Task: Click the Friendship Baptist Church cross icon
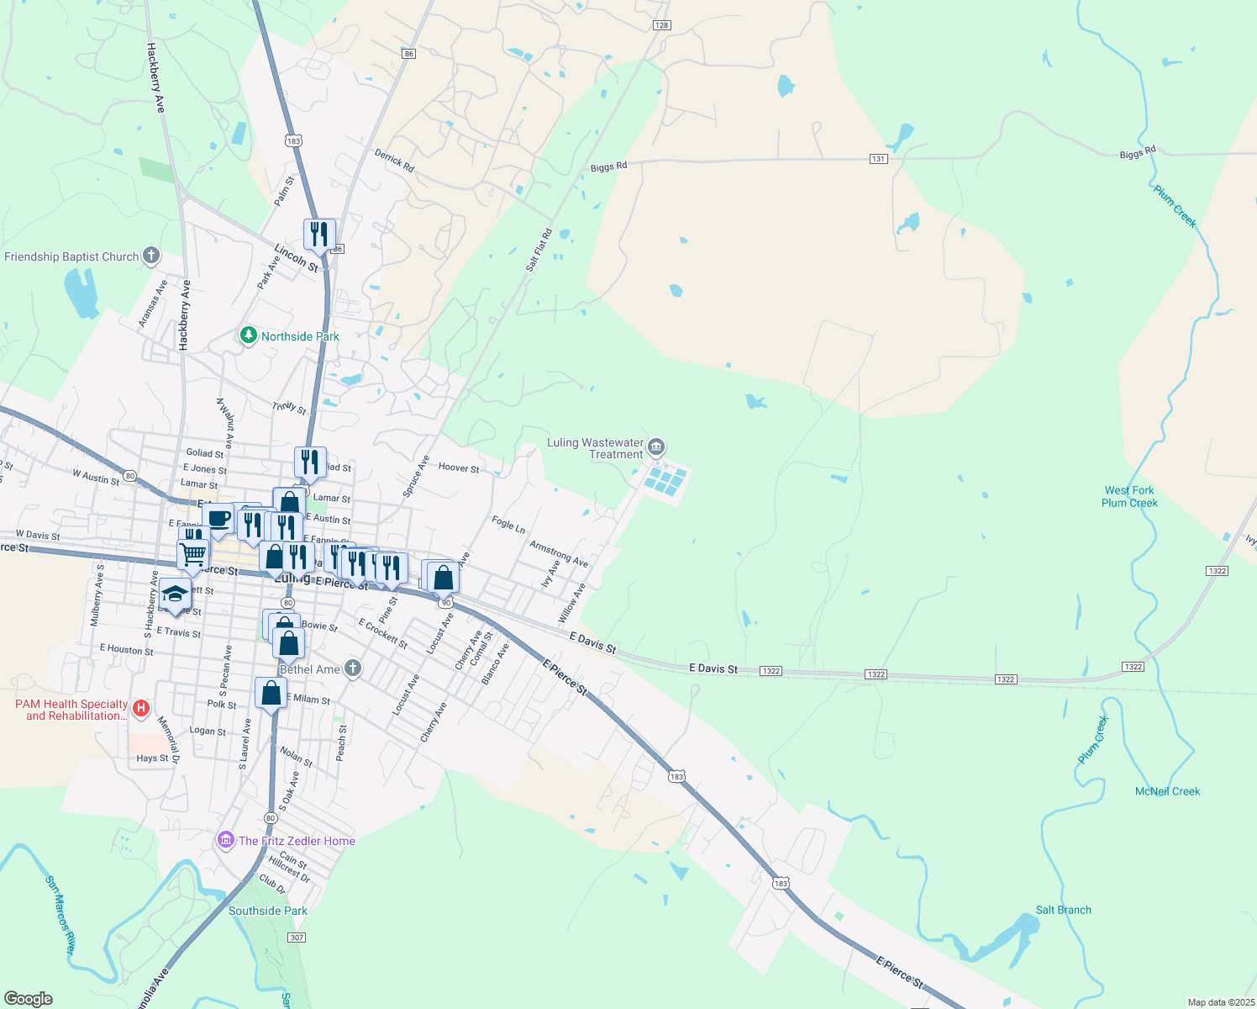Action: coord(151,256)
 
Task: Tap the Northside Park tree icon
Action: coord(248,336)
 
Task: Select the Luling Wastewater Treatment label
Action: coord(595,448)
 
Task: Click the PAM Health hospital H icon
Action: coord(141,709)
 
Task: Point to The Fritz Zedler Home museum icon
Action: coord(225,840)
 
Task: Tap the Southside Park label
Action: coord(268,911)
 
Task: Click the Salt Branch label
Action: coord(1063,910)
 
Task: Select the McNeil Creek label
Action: coord(1167,791)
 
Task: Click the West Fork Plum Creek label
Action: coord(1129,497)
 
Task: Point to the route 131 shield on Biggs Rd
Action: coord(878,159)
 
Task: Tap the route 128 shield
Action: coord(661,25)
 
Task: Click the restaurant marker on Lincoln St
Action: coord(319,234)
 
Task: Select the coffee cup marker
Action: coord(218,518)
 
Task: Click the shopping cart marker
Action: coord(193,555)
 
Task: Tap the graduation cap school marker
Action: coord(176,594)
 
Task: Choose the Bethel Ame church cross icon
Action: coord(353,668)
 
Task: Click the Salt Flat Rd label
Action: coord(539,250)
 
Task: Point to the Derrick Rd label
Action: coord(394,161)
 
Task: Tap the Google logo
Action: coord(29,999)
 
